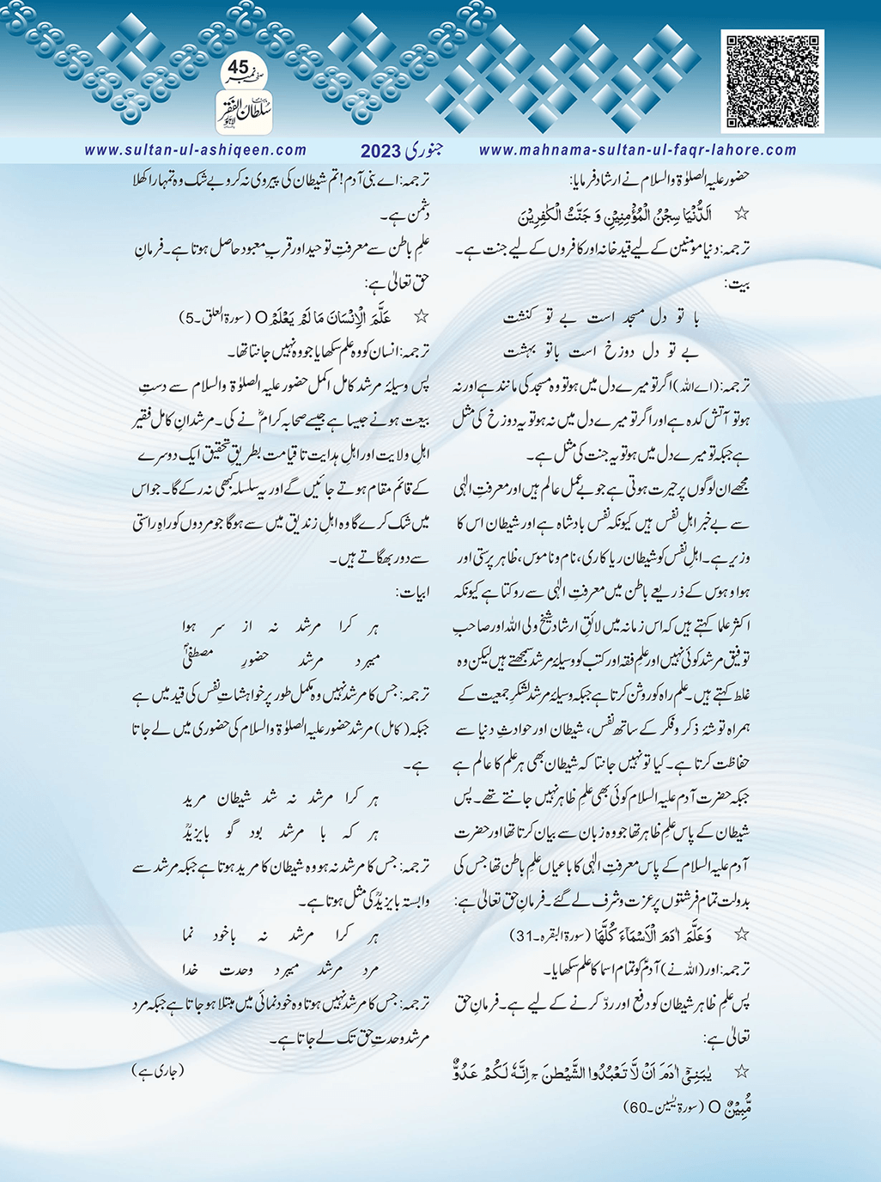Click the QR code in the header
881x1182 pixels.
774,82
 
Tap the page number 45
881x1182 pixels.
239,67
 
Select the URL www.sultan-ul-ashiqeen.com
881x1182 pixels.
196,150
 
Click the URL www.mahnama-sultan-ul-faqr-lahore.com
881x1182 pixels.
637,150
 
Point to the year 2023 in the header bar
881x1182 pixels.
380,151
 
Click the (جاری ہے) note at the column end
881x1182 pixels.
159,1070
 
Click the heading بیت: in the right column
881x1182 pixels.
738,283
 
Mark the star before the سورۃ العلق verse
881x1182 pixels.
421,316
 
